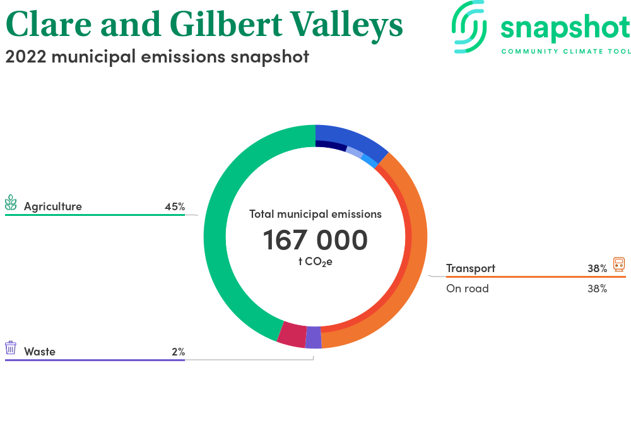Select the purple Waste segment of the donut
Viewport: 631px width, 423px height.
pos(314,337)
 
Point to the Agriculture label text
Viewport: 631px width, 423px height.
pos(53,206)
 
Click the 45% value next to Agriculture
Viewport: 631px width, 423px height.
pos(175,206)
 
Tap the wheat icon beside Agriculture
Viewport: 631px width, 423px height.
pos(11,203)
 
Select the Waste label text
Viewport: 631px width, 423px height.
pos(39,352)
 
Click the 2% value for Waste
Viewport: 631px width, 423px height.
pos(179,352)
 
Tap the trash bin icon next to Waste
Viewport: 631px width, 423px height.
pos(11,348)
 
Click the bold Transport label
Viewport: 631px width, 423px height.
pos(471,268)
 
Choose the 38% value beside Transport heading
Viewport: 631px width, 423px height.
pos(597,268)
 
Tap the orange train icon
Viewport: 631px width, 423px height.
pos(619,265)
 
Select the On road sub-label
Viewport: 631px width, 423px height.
pos(467,289)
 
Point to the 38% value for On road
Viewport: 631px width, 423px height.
pos(597,289)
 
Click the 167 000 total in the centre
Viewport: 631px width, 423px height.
pos(315,240)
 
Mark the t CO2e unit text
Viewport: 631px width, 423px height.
pos(315,261)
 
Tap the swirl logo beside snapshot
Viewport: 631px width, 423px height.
pos(469,27)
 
